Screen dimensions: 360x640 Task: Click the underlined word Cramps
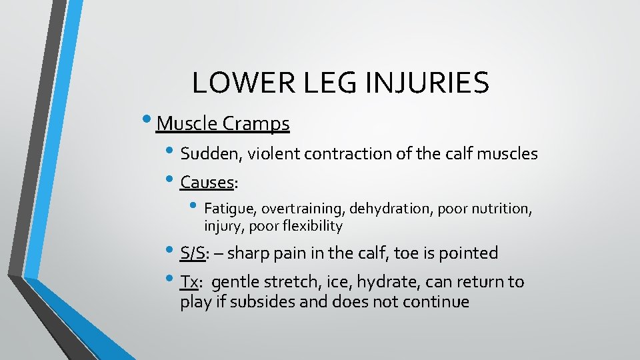point(256,124)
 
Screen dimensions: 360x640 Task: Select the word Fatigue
point(226,209)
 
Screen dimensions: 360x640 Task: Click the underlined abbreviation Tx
point(189,282)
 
